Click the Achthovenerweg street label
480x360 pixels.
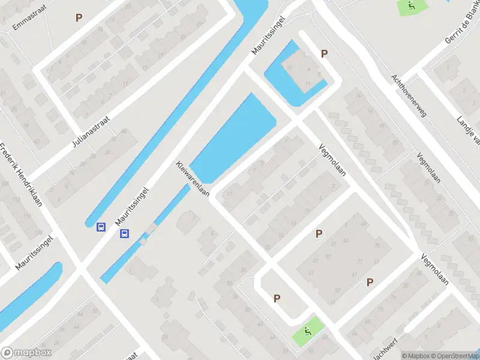pyautogui.click(x=407, y=95)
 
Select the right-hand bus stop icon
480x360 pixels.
pyautogui.click(x=125, y=234)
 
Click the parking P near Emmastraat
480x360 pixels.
pyautogui.click(x=79, y=18)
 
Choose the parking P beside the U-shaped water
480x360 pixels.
pyautogui.click(x=324, y=53)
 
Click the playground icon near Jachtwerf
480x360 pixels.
pyautogui.click(x=308, y=330)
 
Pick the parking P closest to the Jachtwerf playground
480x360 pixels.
pyautogui.click(x=277, y=298)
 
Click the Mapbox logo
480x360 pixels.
pyautogui.click(x=26, y=353)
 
